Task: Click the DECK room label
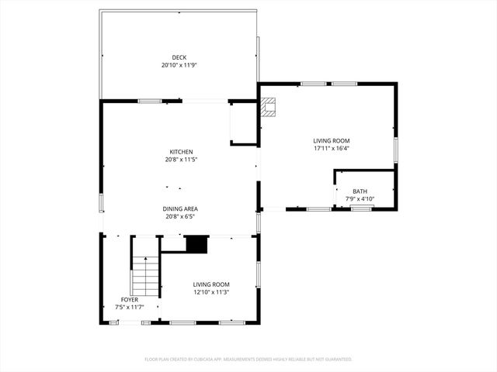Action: click(179, 57)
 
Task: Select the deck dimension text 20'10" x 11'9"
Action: click(179, 65)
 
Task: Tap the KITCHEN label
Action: click(181, 152)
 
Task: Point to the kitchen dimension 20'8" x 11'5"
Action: click(181, 160)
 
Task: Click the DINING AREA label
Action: click(180, 208)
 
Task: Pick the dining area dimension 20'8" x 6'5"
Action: click(180, 217)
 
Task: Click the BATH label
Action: click(360, 191)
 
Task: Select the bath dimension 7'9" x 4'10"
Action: click(360, 199)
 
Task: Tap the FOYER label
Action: click(129, 299)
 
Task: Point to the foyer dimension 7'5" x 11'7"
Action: click(129, 307)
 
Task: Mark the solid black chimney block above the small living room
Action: click(196, 245)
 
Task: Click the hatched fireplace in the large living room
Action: click(268, 107)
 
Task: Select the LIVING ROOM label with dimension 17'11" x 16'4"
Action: click(332, 140)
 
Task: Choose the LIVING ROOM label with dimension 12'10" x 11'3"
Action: click(211, 284)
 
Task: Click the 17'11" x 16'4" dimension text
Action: click(332, 148)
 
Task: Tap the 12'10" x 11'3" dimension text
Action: click(211, 293)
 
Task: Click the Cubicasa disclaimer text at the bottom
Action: click(248, 360)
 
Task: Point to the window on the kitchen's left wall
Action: click(100, 203)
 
